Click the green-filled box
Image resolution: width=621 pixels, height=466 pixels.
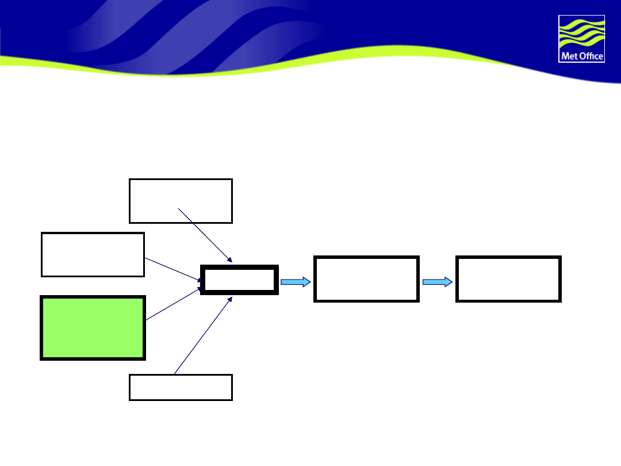pos(93,328)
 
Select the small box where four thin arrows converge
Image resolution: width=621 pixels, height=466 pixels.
pos(239,280)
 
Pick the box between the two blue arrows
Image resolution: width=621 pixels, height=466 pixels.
pos(366,279)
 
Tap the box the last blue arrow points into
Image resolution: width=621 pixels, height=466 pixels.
pos(508,279)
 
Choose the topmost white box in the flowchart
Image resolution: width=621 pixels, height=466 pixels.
pos(181,200)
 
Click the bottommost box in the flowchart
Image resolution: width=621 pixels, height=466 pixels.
pos(181,387)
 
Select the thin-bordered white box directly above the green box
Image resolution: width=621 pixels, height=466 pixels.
pos(93,254)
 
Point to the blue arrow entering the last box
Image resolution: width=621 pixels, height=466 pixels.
pos(437,281)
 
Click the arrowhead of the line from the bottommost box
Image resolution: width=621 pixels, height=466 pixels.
pos(230,299)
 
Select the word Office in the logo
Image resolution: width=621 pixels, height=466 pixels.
pos(589,56)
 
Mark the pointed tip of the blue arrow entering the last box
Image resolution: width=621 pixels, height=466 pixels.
pos(451,281)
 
